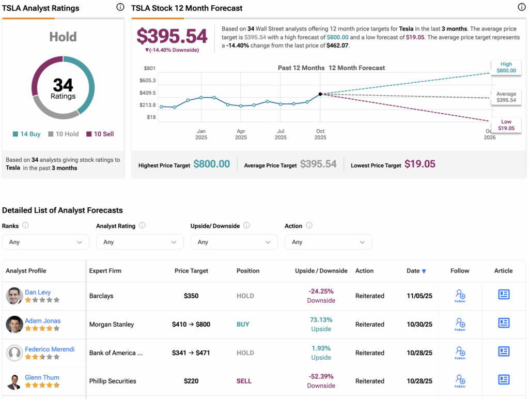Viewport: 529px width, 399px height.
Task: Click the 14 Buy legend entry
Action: (x=27, y=134)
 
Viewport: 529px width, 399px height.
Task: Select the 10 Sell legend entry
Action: (x=100, y=134)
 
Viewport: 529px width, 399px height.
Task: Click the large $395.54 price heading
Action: (x=172, y=36)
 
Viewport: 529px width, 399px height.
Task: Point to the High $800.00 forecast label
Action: (x=506, y=67)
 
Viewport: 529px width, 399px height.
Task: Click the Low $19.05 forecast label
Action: (x=506, y=125)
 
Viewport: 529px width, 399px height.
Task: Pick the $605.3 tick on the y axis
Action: (x=147, y=81)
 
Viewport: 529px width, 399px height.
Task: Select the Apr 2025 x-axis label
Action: (x=241, y=134)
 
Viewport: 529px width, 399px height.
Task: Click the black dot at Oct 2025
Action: (x=320, y=94)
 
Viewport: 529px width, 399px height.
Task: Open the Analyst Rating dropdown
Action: (x=139, y=242)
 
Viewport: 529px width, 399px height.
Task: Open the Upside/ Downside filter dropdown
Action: (x=234, y=242)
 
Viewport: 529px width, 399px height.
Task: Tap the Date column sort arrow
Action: (x=424, y=271)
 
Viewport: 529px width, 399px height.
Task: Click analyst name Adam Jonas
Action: (x=43, y=320)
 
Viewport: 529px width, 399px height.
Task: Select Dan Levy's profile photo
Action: (x=14, y=296)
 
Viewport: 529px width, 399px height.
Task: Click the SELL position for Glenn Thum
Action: (x=244, y=381)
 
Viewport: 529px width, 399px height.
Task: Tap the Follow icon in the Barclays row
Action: (x=460, y=296)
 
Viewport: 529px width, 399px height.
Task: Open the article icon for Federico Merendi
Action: (x=504, y=351)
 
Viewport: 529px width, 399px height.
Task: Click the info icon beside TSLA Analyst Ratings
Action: (x=120, y=7)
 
